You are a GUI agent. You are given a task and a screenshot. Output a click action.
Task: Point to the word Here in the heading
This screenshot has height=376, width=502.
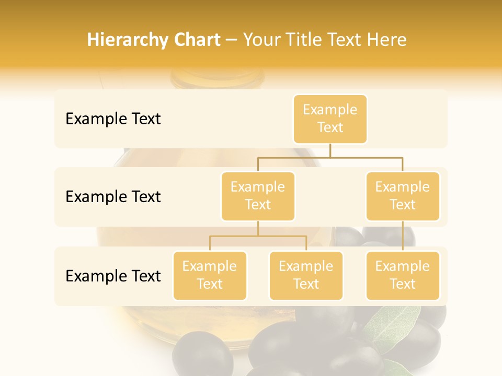coord(386,40)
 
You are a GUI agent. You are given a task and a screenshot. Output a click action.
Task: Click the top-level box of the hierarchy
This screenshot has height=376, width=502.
coord(330,119)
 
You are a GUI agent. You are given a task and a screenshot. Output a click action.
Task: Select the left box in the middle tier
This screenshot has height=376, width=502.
coord(258,196)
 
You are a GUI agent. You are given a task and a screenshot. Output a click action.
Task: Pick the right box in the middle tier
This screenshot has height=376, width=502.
coord(403,196)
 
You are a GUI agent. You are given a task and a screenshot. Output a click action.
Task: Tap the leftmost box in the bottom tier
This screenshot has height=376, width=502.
coord(210,276)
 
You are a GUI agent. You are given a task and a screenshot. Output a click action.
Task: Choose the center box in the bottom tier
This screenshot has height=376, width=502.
coord(306,276)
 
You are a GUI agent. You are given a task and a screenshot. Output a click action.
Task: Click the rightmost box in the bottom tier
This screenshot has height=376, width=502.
coord(403,276)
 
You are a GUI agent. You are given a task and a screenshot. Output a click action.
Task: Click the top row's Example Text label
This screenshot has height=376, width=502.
coord(113,119)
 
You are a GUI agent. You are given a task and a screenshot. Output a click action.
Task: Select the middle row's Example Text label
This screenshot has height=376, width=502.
coord(113,197)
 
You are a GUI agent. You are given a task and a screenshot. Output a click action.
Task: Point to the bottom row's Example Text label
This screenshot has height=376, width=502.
coord(113,276)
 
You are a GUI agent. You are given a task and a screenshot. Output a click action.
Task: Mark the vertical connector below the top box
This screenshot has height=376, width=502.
coord(330,150)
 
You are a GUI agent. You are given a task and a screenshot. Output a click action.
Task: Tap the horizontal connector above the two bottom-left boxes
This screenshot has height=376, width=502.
coord(258,236)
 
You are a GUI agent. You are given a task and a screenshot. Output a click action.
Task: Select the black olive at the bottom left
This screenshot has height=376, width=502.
coord(202,355)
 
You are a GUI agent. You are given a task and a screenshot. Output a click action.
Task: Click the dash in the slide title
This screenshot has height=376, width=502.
coord(231,40)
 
